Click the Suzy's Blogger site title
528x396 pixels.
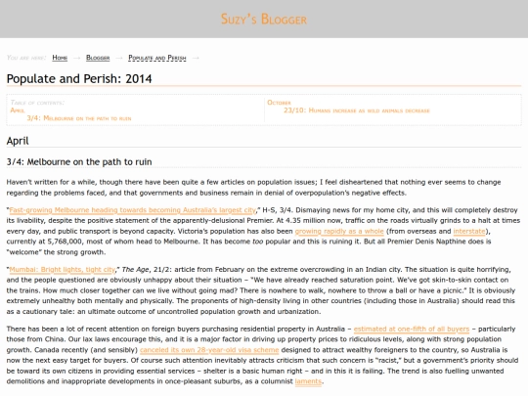point(264,19)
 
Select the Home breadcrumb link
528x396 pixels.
point(60,58)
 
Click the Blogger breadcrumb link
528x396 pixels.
point(98,58)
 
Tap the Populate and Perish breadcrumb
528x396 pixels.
point(156,58)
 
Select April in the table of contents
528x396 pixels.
point(18,110)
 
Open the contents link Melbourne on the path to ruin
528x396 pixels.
point(84,117)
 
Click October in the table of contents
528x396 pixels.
point(279,102)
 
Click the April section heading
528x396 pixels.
point(19,142)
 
